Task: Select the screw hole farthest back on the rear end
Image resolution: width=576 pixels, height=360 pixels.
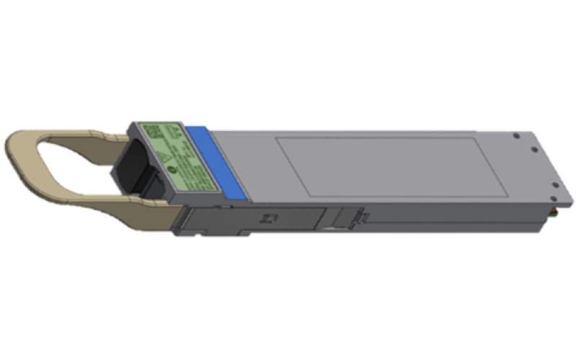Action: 516,135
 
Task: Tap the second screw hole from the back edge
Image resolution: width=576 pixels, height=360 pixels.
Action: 534,150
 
